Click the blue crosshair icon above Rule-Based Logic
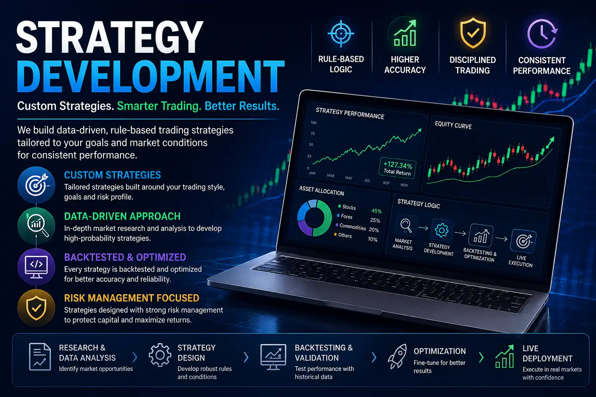pyautogui.click(x=341, y=33)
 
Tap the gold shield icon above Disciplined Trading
pyautogui.click(x=473, y=33)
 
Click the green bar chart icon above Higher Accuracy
pyautogui.click(x=405, y=33)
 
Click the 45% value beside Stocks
pyautogui.click(x=377, y=211)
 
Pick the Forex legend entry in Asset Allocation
pyautogui.click(x=345, y=216)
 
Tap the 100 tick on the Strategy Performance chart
pyautogui.click(x=313, y=123)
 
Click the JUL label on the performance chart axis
pyautogui.click(x=367, y=180)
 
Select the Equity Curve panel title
pyautogui.click(x=453, y=125)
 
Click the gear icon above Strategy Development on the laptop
pyautogui.click(x=441, y=230)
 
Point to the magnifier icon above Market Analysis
pyautogui.click(x=406, y=226)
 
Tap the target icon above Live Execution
pyautogui.click(x=523, y=241)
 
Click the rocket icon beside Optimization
pyautogui.click(x=397, y=356)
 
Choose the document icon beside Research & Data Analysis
pyautogui.click(x=40, y=357)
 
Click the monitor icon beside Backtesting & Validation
pyautogui.click(x=273, y=357)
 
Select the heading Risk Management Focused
pyautogui.click(x=132, y=298)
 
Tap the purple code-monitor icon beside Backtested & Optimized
pyautogui.click(x=36, y=267)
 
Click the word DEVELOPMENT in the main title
pyautogui.click(x=151, y=76)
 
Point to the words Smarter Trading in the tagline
pyautogui.click(x=159, y=106)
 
